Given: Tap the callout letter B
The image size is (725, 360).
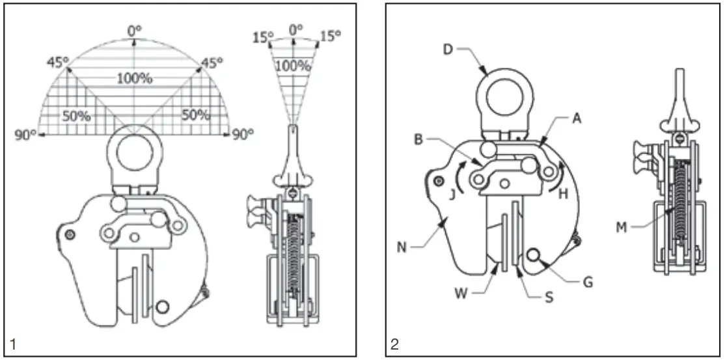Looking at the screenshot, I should tap(419, 139).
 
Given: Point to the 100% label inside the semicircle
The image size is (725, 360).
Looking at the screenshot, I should tap(135, 79).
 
